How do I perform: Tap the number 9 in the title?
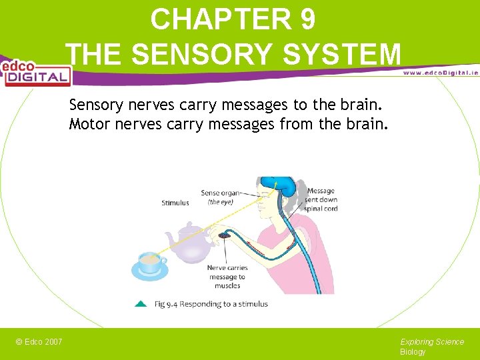coord(307,19)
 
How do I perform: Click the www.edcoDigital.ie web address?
coord(440,73)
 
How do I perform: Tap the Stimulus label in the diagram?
coord(175,203)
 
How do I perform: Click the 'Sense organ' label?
coord(220,193)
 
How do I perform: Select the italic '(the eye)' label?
coord(221,202)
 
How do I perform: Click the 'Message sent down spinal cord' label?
coord(321,199)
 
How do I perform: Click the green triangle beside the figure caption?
coord(141,304)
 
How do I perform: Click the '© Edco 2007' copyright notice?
coord(39,342)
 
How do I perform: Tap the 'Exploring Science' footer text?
coord(432,342)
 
